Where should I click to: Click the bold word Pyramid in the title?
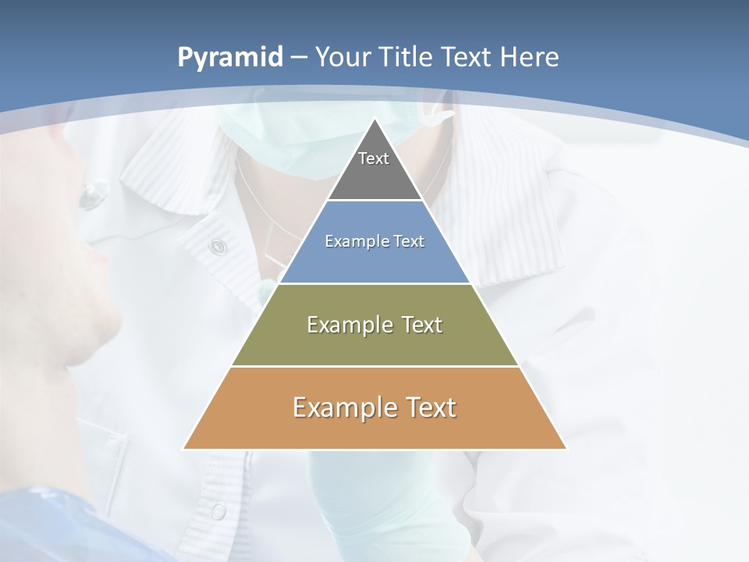point(230,58)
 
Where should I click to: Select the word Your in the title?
point(343,58)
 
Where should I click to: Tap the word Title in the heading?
point(408,58)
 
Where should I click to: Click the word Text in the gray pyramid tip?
point(374,158)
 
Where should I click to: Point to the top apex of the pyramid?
point(375,119)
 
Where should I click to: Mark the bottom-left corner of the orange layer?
point(184,449)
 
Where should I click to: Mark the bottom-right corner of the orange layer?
point(566,449)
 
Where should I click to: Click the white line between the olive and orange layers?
point(375,366)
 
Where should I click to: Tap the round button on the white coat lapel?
point(218,247)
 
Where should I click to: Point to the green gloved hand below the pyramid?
point(367,500)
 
